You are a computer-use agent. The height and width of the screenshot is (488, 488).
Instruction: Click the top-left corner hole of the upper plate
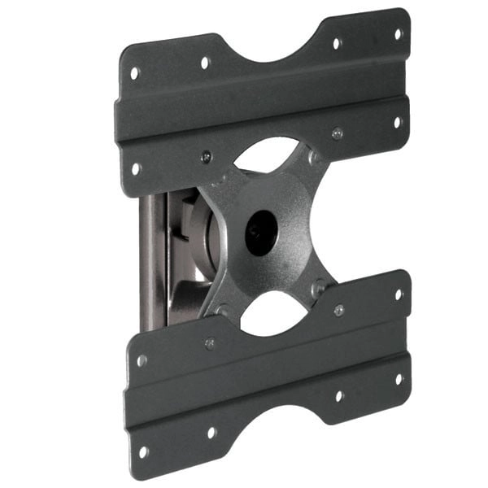[x=134, y=72]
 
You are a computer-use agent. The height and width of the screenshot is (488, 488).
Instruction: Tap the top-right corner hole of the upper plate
[x=399, y=34]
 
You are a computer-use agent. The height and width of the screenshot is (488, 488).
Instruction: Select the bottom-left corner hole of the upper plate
[x=136, y=168]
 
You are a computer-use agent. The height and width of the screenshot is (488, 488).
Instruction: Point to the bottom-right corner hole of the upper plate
[x=398, y=123]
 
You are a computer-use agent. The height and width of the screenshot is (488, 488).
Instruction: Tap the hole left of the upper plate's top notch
[x=205, y=62]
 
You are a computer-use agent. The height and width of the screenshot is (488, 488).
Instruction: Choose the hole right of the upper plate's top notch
[x=335, y=43]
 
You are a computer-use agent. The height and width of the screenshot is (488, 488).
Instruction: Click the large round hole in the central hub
[x=261, y=233]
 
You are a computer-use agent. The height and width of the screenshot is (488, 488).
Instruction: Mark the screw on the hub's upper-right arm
[x=314, y=156]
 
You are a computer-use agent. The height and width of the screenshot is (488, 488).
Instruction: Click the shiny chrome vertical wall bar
[x=153, y=260]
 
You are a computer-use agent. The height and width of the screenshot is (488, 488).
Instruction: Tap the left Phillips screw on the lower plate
[x=210, y=343]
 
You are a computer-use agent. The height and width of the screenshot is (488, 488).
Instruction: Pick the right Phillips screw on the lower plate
[x=338, y=310]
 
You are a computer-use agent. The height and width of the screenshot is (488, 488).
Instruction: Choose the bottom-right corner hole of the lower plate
[x=399, y=378]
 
